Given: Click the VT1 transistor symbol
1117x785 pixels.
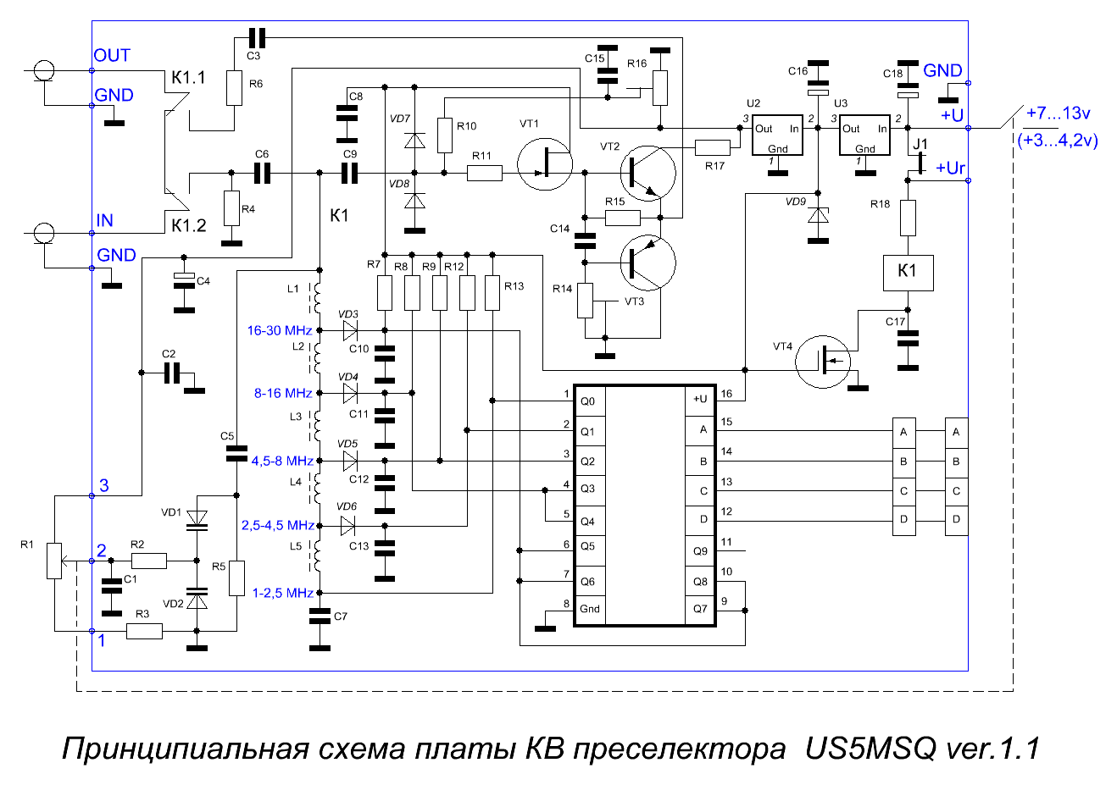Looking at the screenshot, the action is coord(545,164).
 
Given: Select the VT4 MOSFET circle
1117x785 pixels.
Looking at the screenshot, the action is coord(823,362).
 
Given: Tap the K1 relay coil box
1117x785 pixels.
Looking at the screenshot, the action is coord(908,274).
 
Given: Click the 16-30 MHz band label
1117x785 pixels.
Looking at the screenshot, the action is coord(280,330).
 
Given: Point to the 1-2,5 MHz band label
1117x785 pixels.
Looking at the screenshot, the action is coord(283,593).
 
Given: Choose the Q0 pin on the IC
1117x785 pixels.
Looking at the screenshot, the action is coord(588,401).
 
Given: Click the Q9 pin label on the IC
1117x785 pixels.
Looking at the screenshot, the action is coord(700,551).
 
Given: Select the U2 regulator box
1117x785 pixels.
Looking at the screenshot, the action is coord(777,135).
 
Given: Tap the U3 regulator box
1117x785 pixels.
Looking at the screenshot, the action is coord(864,135).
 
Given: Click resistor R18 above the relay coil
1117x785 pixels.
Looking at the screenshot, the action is coord(908,218).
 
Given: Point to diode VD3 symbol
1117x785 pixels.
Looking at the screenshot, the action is coord(350,330).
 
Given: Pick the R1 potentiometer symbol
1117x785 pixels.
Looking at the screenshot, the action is coord(54,561).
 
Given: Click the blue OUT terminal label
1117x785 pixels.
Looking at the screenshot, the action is coord(112,55).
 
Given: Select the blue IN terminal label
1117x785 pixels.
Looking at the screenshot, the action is coord(105,220).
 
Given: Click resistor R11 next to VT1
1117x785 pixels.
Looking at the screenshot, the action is coord(485,174).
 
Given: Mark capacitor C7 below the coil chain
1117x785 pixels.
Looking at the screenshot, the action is coord(320,616).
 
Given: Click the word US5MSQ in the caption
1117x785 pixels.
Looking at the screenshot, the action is coord(870,749).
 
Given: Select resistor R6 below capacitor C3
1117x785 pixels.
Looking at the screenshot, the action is coord(235,88).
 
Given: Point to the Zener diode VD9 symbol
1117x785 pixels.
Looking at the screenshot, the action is coord(818,215).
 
